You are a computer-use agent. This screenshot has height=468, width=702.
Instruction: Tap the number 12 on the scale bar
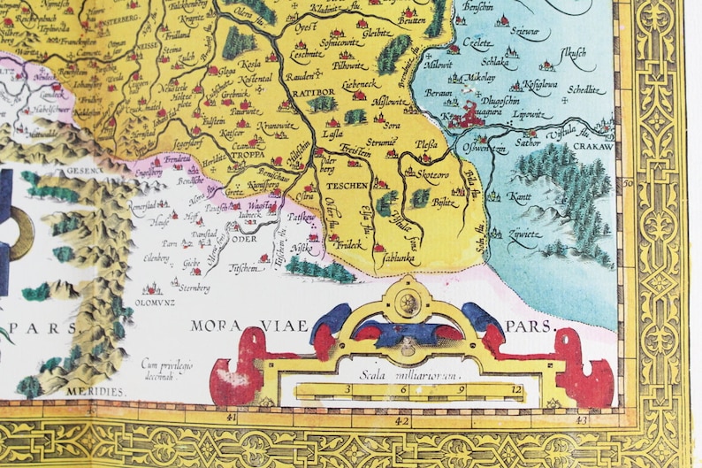(516, 389)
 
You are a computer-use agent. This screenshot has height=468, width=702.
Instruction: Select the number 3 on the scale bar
(348, 389)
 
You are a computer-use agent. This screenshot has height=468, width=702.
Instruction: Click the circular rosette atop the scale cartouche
(409, 302)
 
